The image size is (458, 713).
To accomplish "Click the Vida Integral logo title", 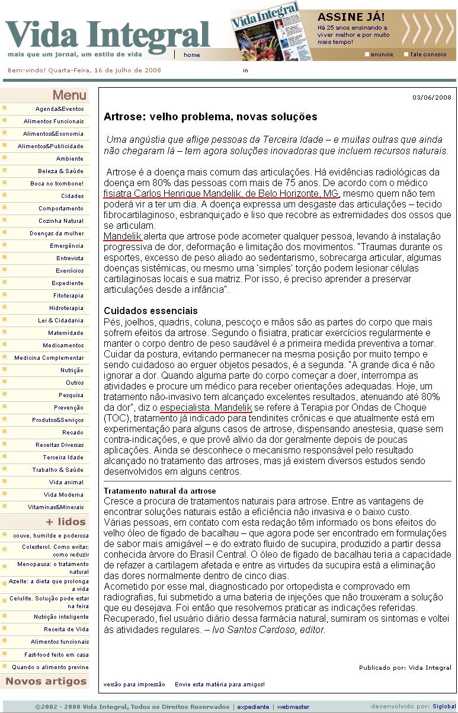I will point(108,34).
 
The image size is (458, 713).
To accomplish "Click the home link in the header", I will point(192,55).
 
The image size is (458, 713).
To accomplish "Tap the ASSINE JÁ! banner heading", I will point(351,17).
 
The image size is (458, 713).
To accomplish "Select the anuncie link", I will point(382,55).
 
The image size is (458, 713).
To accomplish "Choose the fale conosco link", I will point(428,55).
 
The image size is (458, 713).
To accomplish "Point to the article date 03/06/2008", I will point(432,97).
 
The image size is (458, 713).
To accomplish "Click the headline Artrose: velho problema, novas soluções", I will point(210,117).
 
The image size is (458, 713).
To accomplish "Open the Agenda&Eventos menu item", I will point(59,109).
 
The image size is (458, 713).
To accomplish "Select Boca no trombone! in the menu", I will point(57,184).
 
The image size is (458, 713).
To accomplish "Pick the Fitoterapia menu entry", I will point(68,296).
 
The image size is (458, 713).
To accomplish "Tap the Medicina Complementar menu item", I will point(49,358).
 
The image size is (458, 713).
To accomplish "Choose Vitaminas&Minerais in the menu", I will point(56,507).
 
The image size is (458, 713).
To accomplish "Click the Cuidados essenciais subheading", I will point(150,311).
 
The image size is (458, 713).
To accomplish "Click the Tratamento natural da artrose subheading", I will point(159,491).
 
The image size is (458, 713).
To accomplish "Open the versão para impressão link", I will point(134,685).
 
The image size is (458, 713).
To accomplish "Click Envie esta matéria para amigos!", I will point(219,685).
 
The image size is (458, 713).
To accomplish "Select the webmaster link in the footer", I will point(293,706).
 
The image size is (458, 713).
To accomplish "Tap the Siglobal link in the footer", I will point(444,706).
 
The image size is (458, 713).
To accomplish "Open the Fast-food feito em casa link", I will point(56,655).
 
